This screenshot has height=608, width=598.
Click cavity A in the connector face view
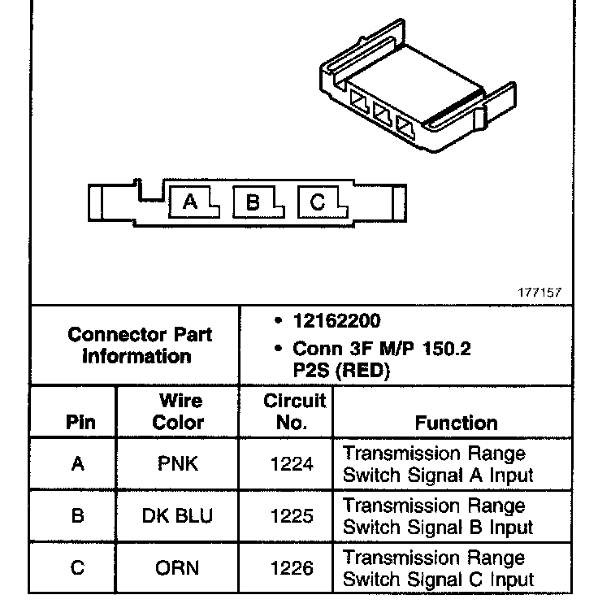coord(190,202)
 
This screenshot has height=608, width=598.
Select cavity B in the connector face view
coord(253,202)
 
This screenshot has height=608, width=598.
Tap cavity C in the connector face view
coord(318,202)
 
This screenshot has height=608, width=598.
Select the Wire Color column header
coord(179,411)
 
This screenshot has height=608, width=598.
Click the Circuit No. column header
coord(294,411)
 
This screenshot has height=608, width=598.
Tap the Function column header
coord(456,423)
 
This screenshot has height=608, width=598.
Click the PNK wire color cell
coord(178,464)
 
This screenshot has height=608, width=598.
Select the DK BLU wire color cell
coord(178,516)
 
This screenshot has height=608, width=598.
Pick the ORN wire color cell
coord(178,568)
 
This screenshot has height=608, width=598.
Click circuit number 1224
coord(292,464)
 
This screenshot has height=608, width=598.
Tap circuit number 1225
coord(292,516)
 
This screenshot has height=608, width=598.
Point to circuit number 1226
coord(292,568)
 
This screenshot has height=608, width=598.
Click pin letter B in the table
coord(78,516)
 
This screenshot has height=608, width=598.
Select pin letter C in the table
coord(78,568)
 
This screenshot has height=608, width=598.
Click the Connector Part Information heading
coord(140,345)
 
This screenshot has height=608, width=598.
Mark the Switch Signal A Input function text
coord(438,475)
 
